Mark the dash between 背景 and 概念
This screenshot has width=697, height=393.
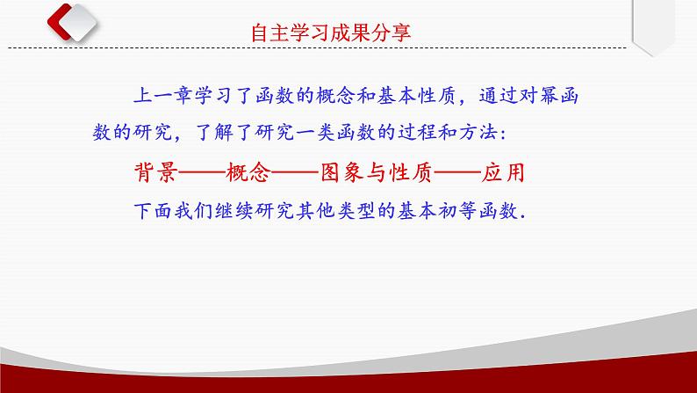[201, 172]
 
